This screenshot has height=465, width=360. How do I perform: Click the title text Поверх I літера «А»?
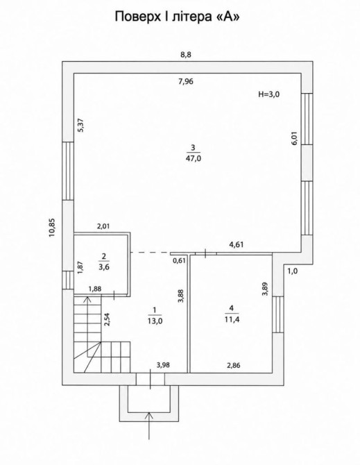177,17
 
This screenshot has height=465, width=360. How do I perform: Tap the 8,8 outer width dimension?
186,55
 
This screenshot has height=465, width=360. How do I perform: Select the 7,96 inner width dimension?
186,81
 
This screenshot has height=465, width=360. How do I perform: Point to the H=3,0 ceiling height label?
269,94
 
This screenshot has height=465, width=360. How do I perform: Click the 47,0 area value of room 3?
194,158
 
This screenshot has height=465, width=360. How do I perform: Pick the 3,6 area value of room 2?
104,267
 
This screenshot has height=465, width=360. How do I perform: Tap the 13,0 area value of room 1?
155,321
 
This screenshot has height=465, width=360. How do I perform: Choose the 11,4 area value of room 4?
232,319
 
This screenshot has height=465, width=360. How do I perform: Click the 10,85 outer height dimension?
53,228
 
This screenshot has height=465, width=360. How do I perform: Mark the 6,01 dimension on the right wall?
294,138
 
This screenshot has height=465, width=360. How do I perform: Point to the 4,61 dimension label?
237,245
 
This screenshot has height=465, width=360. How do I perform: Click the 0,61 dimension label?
179,261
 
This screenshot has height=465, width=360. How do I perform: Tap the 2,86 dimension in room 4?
234,365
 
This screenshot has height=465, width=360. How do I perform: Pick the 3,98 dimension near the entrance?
163,365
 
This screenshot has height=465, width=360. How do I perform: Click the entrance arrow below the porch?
150,424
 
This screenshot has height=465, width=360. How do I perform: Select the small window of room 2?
68,280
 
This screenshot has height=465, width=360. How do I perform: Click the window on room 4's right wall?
278,314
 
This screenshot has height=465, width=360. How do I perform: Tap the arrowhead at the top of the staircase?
87,299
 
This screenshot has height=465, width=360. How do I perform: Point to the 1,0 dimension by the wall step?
293,271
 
